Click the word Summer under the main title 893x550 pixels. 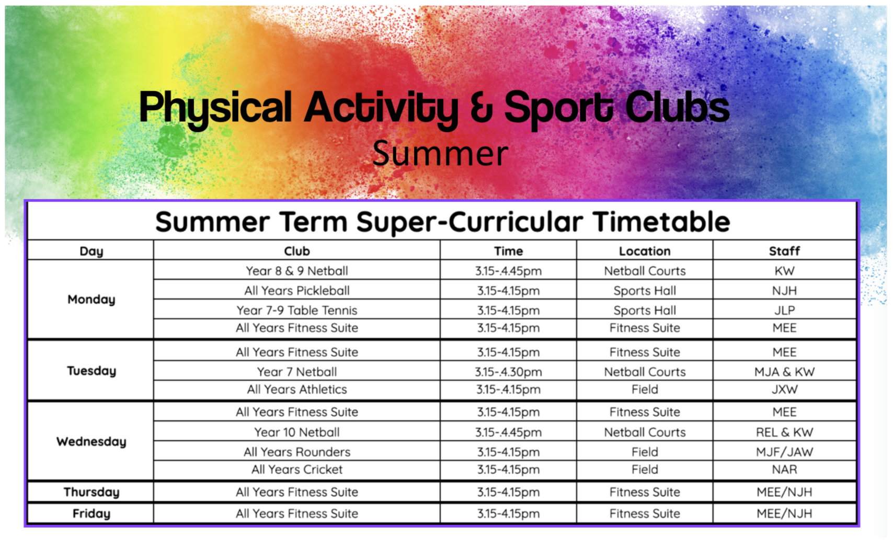(x=440, y=153)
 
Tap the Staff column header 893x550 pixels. (x=784, y=251)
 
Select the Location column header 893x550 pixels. (x=645, y=251)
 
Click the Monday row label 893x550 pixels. (x=91, y=300)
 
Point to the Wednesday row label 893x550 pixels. (x=91, y=442)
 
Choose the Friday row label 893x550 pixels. (x=91, y=514)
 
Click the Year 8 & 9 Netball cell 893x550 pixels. (x=297, y=271)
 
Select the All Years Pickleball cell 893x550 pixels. (x=297, y=291)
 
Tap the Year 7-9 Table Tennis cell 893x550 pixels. (x=297, y=310)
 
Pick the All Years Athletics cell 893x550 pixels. (x=297, y=389)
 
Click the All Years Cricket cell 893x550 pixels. (x=297, y=469)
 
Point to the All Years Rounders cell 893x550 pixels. (x=297, y=452)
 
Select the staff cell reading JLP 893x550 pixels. (x=784, y=310)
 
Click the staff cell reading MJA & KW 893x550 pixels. (x=784, y=372)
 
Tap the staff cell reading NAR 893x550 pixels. (x=784, y=469)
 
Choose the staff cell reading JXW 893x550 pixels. (x=784, y=389)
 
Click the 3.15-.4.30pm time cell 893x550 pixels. (x=508, y=372)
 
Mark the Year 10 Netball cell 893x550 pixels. (x=297, y=432)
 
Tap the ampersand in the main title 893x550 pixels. (x=481, y=107)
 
